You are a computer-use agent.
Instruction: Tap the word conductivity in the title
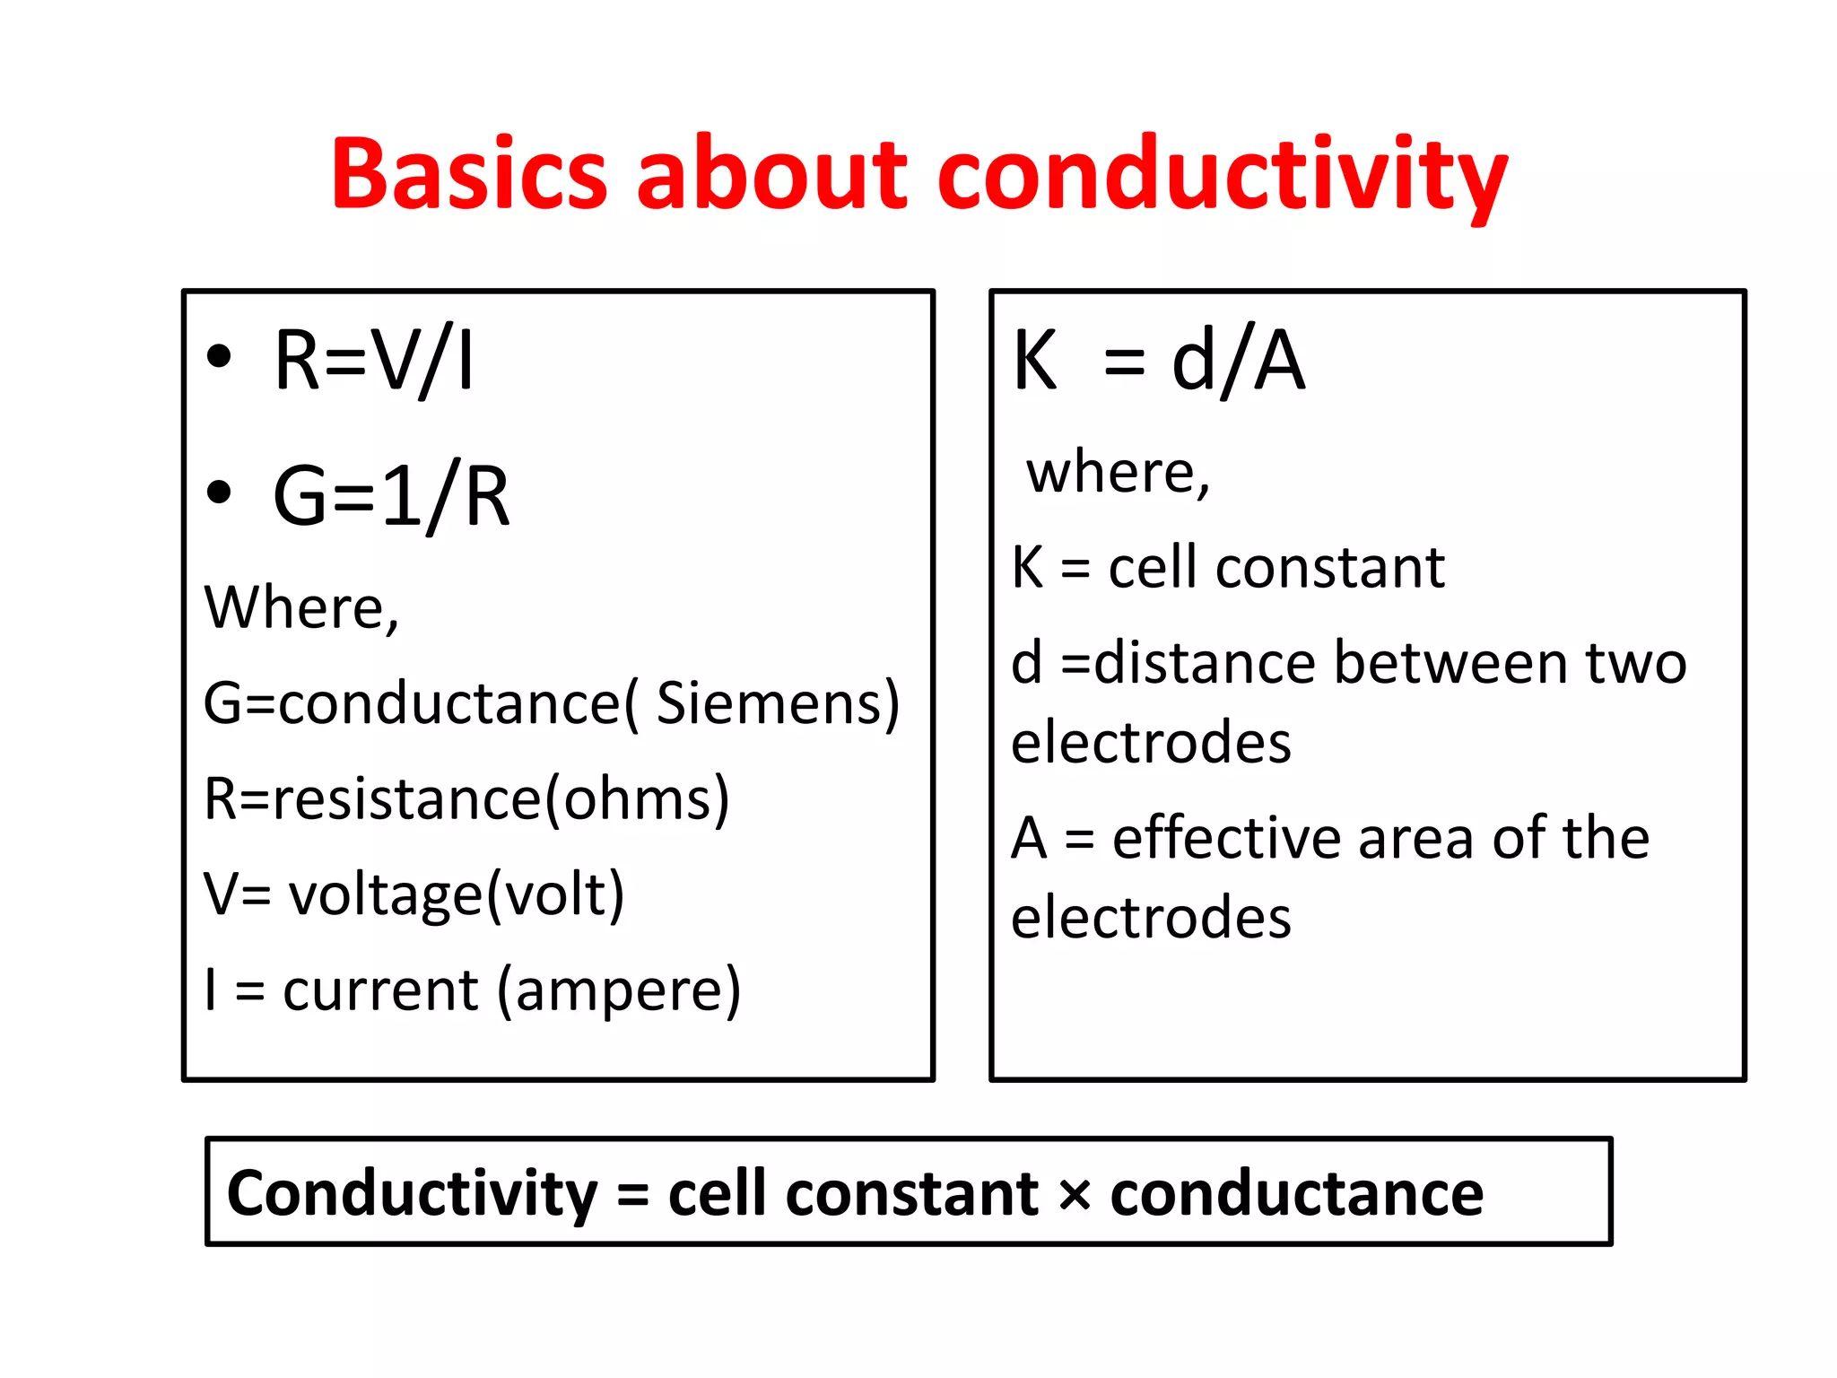click(1222, 175)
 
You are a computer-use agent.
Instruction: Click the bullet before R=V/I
click(219, 357)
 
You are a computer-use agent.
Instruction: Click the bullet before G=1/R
click(219, 492)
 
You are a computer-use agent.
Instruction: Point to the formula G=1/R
click(391, 496)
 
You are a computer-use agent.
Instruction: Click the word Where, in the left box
click(301, 607)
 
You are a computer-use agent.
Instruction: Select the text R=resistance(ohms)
click(466, 798)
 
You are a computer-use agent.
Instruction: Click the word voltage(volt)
click(456, 894)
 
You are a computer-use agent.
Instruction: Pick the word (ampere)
click(619, 990)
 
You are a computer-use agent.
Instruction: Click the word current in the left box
click(380, 990)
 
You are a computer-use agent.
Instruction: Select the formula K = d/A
click(1158, 361)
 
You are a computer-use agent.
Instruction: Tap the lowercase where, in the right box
click(1119, 472)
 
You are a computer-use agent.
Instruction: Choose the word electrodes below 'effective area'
click(1151, 918)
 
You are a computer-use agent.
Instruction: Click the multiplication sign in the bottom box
click(1074, 1194)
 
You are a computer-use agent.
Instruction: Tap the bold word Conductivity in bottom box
click(412, 1194)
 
